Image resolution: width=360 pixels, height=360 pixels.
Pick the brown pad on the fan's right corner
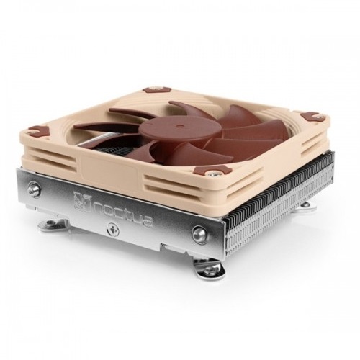(312, 115)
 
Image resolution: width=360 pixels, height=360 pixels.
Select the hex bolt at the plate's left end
(33, 188)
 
